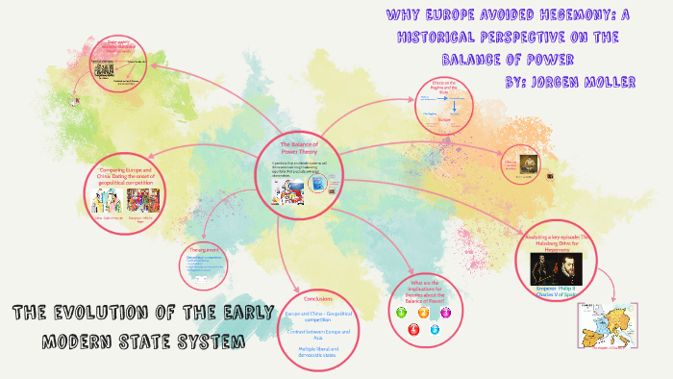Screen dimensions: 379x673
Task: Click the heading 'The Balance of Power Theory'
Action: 298,148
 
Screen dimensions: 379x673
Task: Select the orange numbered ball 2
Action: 423,313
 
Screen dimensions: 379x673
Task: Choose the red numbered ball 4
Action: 412,329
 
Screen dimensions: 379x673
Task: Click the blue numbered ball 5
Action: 435,329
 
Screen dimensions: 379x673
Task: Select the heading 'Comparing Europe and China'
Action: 126,174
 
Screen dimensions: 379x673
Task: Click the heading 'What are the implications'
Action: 423,287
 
